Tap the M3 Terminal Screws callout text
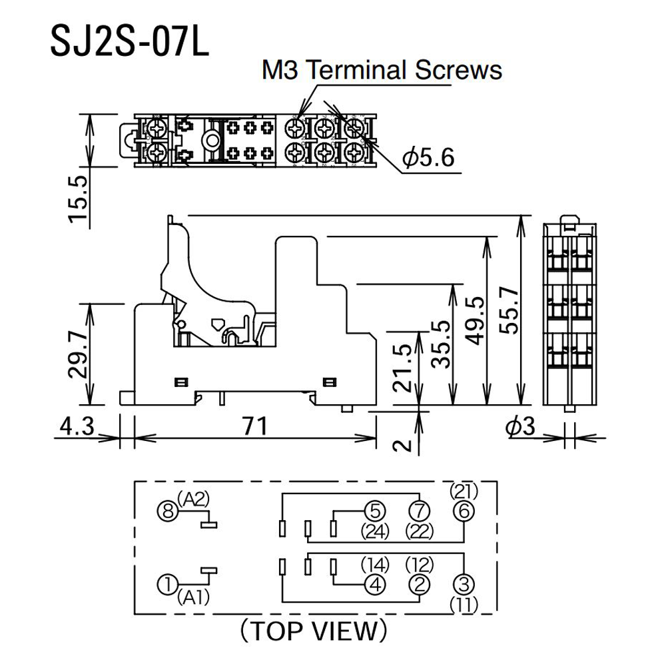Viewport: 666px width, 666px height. tap(382, 70)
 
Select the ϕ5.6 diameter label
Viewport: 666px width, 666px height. tap(428, 157)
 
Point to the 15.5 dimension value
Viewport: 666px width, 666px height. tap(78, 198)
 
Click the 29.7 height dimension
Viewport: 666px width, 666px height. tap(78, 355)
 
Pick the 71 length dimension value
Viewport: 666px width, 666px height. tap(254, 426)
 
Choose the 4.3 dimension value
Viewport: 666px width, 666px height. tap(77, 426)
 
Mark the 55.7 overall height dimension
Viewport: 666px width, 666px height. tap(509, 310)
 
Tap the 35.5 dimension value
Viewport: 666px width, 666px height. tap(440, 344)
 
